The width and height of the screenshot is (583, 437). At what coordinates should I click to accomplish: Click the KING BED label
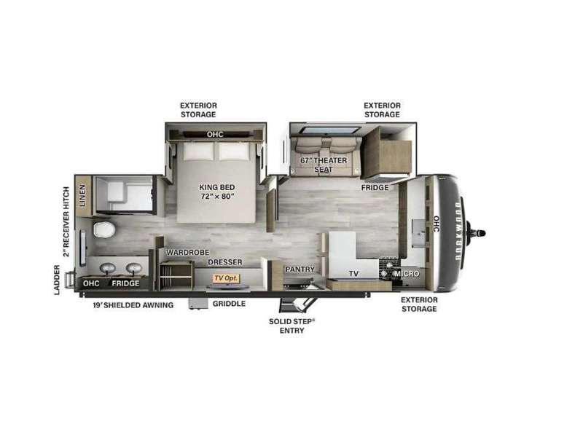click(216, 187)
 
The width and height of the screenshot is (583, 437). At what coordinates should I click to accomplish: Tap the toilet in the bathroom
click(103, 229)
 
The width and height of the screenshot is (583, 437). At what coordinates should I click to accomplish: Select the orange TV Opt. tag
click(227, 278)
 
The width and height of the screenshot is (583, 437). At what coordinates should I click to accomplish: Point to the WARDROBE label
click(187, 253)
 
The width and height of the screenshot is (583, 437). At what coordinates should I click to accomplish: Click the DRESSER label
click(225, 262)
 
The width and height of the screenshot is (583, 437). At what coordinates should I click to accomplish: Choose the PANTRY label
click(300, 269)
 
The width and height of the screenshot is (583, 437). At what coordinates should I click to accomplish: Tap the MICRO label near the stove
click(407, 274)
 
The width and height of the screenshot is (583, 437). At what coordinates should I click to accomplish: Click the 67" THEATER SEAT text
click(324, 165)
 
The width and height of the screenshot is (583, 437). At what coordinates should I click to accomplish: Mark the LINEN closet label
click(82, 195)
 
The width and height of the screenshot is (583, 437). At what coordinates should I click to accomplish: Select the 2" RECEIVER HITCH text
click(66, 222)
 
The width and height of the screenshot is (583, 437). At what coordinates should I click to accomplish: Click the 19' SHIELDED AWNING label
click(133, 305)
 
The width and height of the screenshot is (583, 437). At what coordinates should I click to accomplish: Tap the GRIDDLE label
click(229, 304)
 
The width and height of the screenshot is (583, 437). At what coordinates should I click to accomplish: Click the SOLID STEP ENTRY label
click(292, 326)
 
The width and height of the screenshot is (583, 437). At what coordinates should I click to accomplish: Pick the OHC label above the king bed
click(215, 134)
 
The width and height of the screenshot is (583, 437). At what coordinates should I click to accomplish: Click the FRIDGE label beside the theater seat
click(375, 188)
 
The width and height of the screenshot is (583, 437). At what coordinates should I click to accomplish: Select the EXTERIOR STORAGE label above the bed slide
click(198, 110)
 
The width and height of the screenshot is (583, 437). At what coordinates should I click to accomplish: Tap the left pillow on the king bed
click(198, 151)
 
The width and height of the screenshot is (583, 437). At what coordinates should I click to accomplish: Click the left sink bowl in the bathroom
click(108, 268)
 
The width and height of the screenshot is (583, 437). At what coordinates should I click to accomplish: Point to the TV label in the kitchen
click(353, 274)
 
